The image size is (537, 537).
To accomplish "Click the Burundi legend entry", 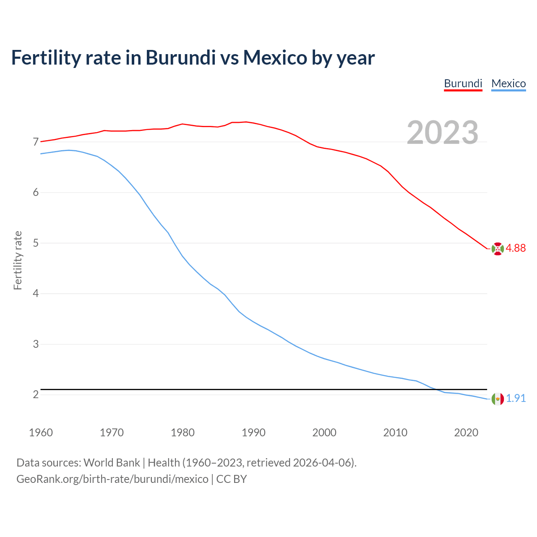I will click(463, 83).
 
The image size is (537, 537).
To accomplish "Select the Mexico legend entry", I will click(508, 83).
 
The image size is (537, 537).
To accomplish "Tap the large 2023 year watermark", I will click(442, 133).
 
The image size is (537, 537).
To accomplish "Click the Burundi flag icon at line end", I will click(497, 248).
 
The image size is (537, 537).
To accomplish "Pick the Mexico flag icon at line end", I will click(497, 399).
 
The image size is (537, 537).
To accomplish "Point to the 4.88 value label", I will click(516, 248).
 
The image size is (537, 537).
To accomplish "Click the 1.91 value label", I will click(516, 398).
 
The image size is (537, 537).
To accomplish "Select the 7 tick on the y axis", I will click(36, 142).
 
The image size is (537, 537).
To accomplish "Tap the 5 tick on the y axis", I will click(36, 243).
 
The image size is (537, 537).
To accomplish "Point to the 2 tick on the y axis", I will click(36, 395).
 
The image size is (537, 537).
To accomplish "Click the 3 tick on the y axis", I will click(36, 344).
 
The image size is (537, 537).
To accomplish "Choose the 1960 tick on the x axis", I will click(41, 433).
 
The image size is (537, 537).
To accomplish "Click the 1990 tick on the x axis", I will click(253, 433).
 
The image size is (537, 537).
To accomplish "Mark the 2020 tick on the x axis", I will click(466, 433).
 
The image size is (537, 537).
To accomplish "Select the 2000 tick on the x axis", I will click(324, 433).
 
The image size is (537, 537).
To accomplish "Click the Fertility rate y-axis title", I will click(18, 260).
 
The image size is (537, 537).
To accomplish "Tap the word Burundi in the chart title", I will click(180, 57).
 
